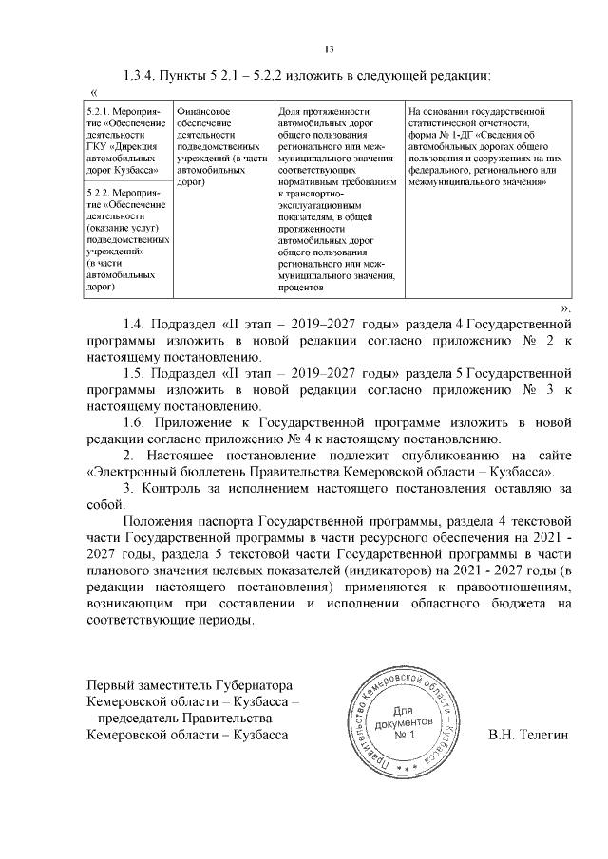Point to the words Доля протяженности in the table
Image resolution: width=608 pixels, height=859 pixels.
point(321,112)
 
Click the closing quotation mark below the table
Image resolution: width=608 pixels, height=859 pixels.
point(566,309)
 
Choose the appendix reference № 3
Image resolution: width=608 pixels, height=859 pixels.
point(535,389)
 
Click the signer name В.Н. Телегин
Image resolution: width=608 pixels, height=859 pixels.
point(527,736)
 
